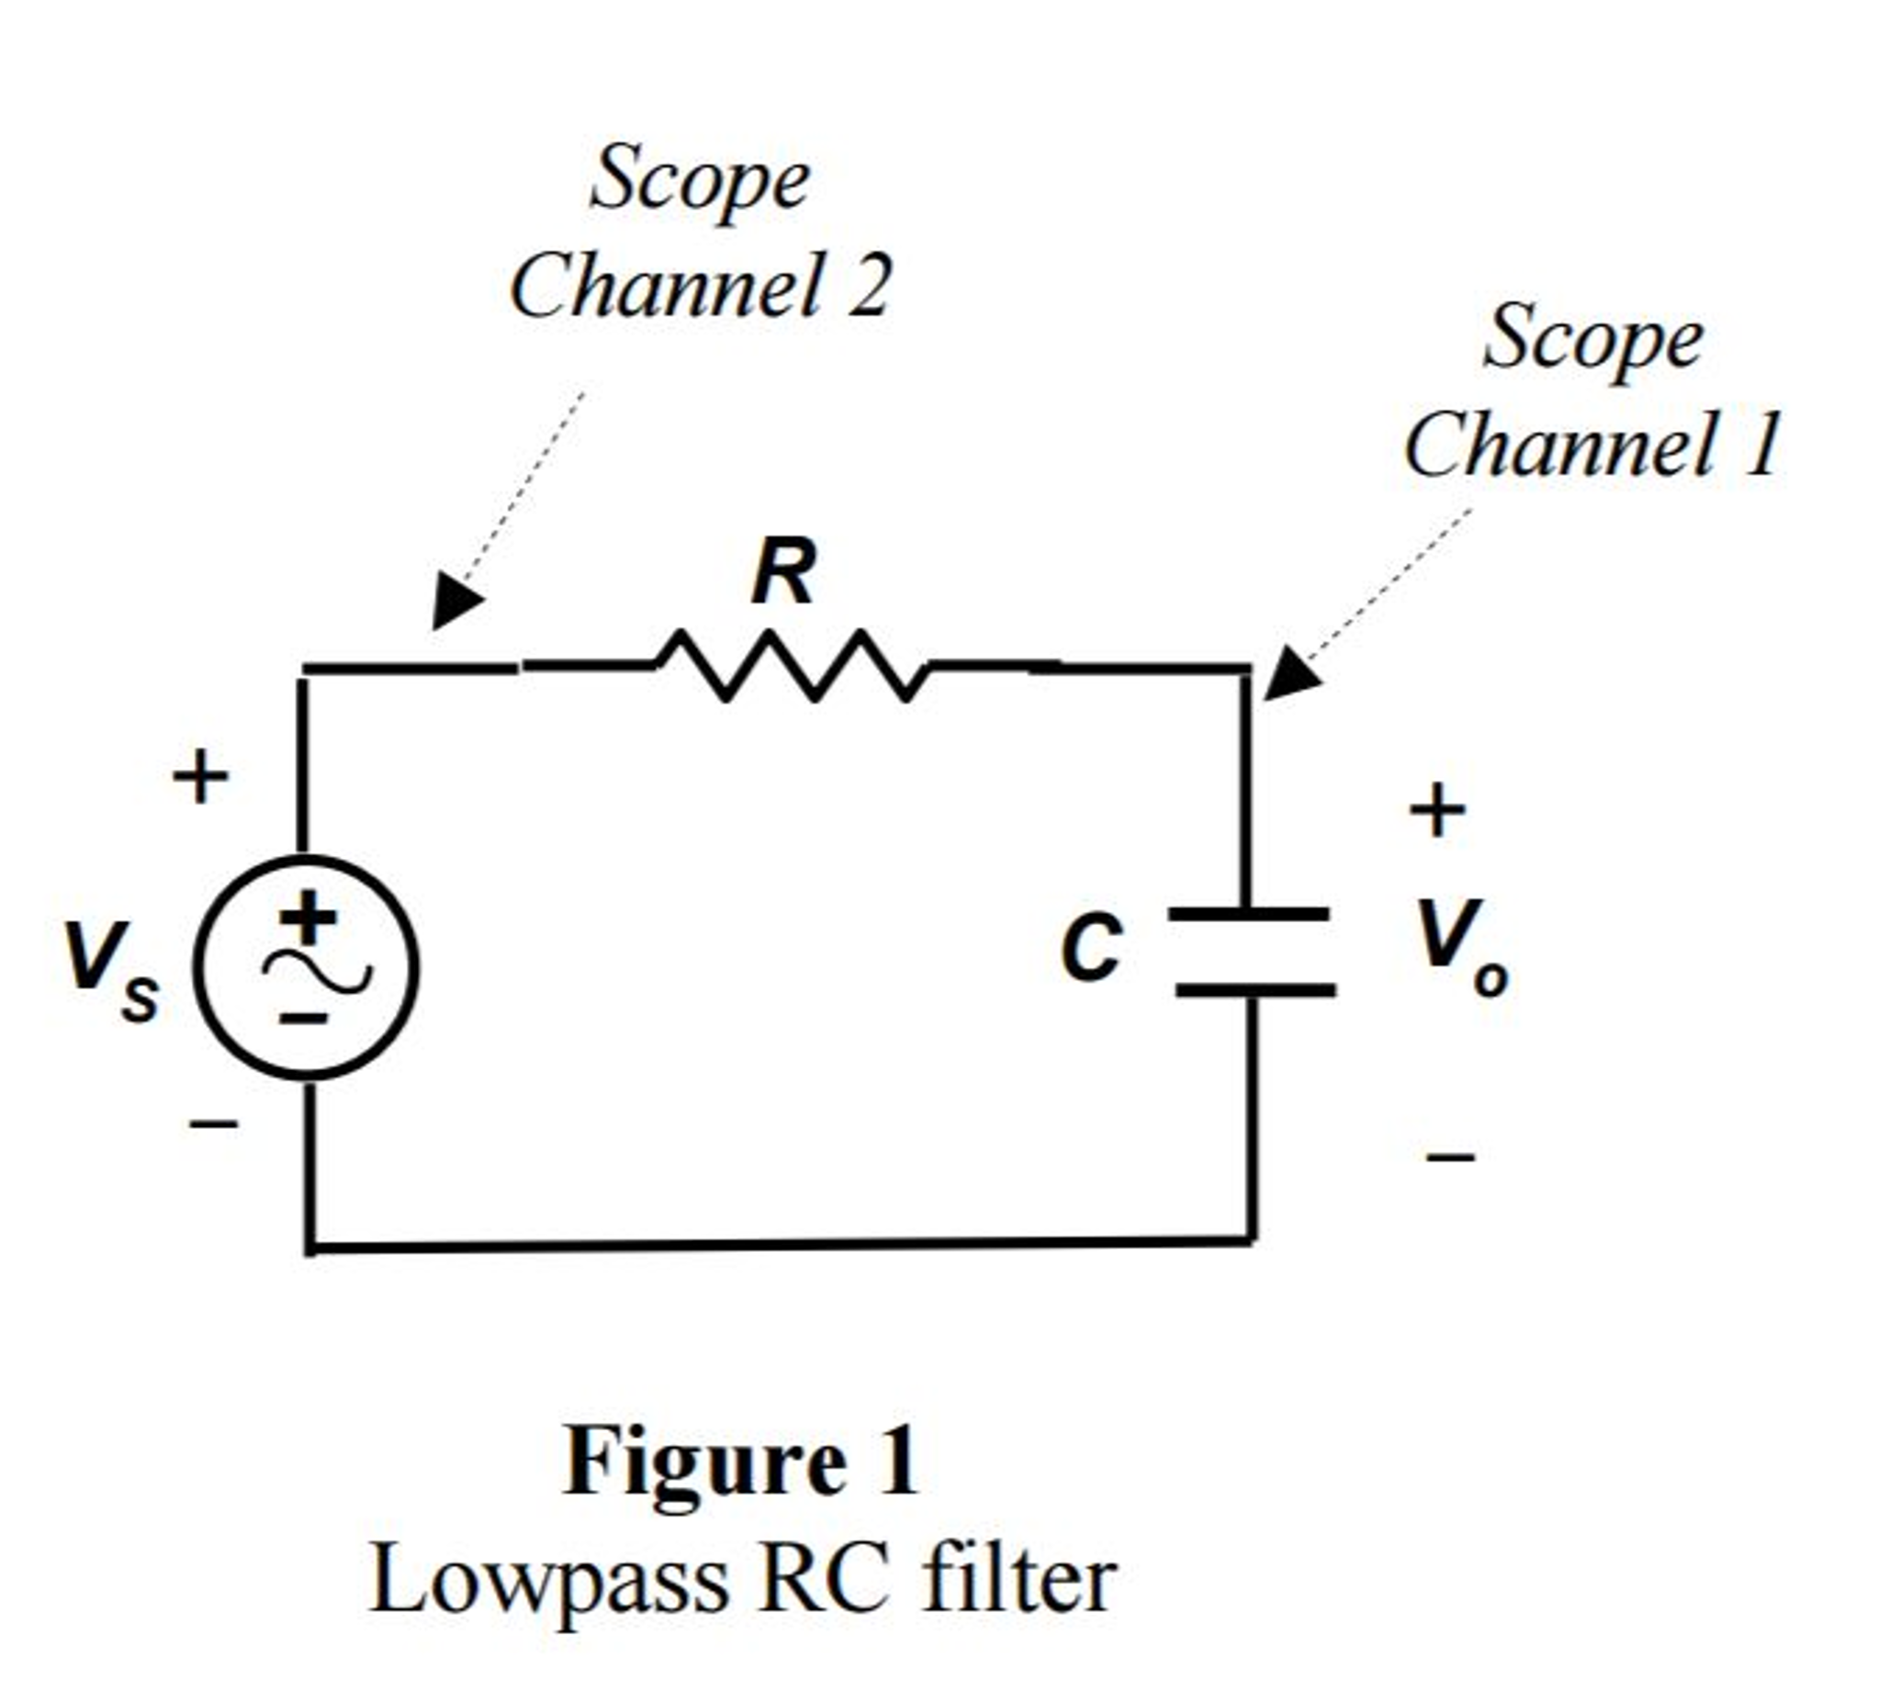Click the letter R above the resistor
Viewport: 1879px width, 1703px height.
click(x=782, y=571)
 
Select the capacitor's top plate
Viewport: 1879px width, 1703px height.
click(x=1249, y=914)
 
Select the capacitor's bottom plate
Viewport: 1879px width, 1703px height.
click(x=1255, y=990)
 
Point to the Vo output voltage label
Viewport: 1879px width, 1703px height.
click(x=1458, y=946)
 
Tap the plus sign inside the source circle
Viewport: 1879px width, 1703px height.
click(x=309, y=916)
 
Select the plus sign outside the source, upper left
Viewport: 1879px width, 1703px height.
click(x=200, y=776)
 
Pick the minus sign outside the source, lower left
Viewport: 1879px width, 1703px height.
click(x=213, y=1124)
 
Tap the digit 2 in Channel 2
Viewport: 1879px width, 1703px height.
click(x=869, y=286)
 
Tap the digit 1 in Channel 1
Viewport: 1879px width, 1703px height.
click(x=1761, y=445)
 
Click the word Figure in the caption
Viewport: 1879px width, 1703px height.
click(x=704, y=1461)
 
